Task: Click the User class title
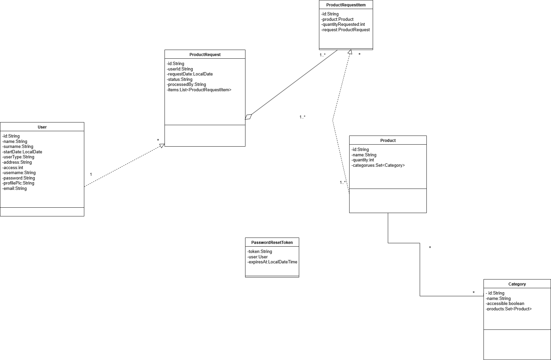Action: click(42, 127)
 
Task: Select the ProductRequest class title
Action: click(205, 55)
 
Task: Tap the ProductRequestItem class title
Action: click(346, 5)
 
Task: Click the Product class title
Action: click(388, 141)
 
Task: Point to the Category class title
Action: click(517, 284)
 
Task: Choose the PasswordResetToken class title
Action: click(272, 243)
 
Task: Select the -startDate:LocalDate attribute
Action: click(22, 152)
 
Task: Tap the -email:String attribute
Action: click(15, 189)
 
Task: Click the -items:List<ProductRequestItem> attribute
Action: click(199, 90)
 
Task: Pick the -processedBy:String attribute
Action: click(187, 85)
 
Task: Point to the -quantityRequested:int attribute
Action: click(343, 24)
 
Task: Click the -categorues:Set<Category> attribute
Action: click(378, 165)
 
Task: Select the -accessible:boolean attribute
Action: click(505, 304)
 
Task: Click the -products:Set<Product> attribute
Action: click(509, 309)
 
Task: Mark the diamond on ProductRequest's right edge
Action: click(248, 117)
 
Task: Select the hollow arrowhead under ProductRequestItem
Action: click(350, 52)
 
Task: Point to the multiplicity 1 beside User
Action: click(91, 174)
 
